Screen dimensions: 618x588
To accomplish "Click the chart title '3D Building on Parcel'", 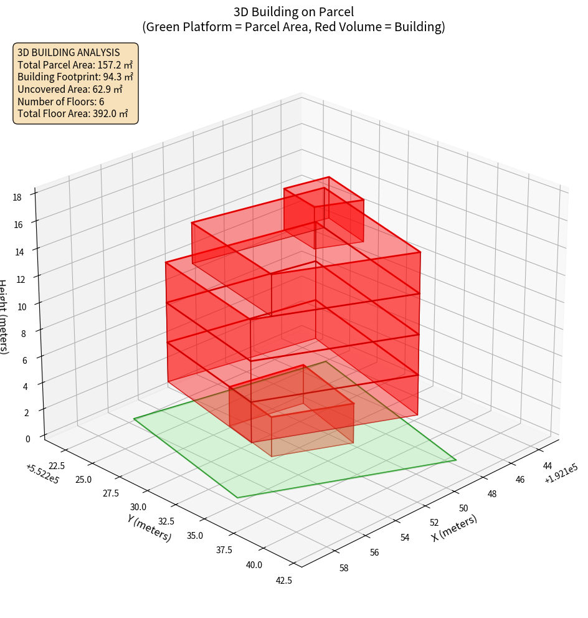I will click(x=293, y=11).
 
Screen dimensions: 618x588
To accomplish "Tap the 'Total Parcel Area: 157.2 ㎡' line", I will click(x=75, y=64).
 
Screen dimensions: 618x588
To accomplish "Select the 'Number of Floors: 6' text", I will click(x=60, y=102).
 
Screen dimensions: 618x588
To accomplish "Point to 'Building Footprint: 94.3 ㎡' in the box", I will click(x=75, y=77).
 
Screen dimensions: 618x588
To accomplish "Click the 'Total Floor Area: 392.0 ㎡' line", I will click(x=72, y=113).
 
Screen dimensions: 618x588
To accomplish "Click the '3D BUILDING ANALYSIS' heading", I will click(x=69, y=52).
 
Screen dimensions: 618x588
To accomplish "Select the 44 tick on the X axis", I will click(x=548, y=465).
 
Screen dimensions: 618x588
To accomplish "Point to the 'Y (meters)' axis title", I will click(x=149, y=528).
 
